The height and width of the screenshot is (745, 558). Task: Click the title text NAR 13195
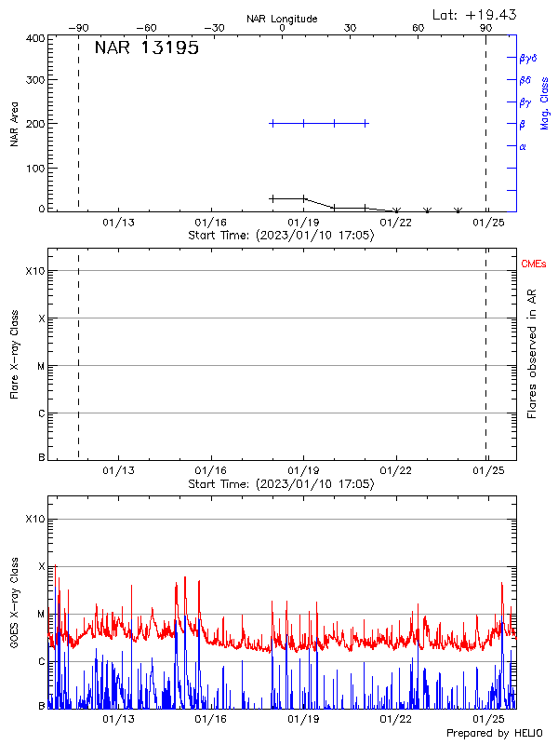[x=146, y=49]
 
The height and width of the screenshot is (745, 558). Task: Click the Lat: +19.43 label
[x=475, y=14]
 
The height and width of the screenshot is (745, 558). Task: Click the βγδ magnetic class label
[x=528, y=58]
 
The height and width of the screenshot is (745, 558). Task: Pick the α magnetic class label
[x=523, y=146]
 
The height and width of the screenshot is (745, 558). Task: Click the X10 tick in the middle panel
[x=34, y=271]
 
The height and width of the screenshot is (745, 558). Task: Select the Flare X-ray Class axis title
[x=14, y=356]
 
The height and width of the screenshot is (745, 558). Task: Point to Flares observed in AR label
[x=532, y=354]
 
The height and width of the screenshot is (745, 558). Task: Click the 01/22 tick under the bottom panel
[x=396, y=720]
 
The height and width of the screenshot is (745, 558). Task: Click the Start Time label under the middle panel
[x=282, y=484]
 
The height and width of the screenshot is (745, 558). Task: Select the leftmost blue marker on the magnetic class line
[x=272, y=123]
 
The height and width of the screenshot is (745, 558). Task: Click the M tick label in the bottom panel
[x=39, y=615]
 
